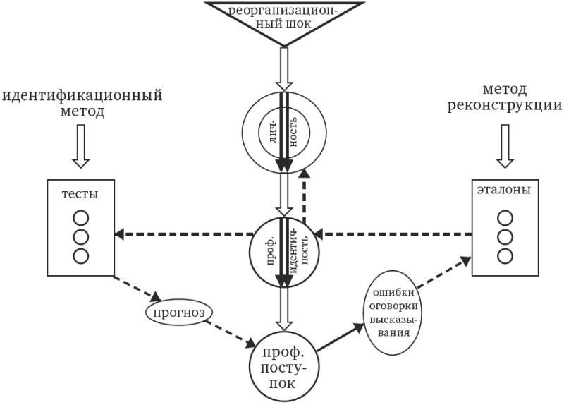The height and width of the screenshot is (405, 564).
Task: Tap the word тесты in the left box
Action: (80, 193)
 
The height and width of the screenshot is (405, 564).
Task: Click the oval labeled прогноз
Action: (179, 310)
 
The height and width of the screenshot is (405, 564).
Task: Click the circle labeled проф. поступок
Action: (283, 366)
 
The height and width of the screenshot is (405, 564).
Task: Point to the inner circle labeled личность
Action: (283, 133)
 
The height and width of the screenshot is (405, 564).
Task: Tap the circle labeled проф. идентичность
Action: (283, 253)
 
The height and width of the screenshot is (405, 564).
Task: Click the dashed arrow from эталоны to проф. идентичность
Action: (395, 234)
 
